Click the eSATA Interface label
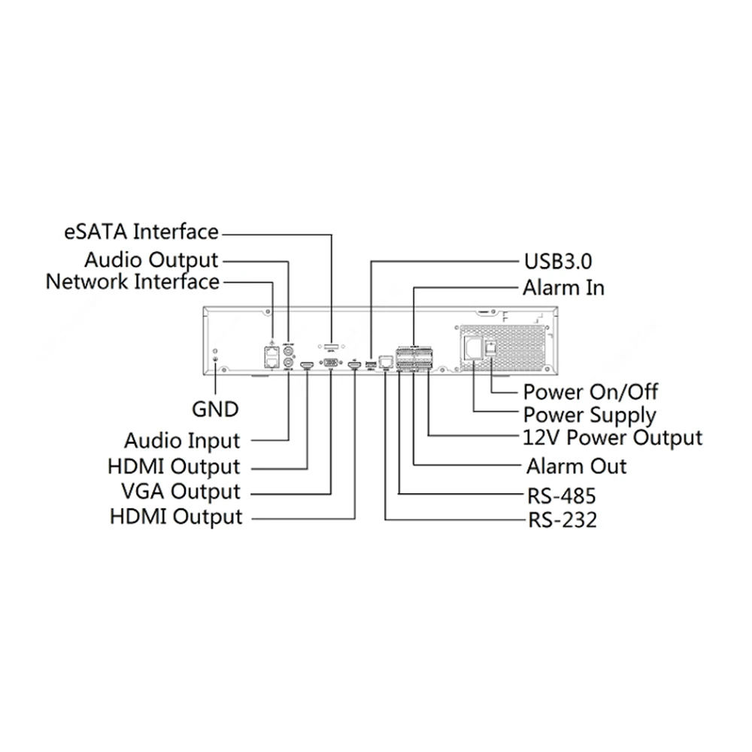[141, 232]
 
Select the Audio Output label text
[150, 260]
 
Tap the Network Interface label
[133, 282]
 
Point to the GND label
[215, 409]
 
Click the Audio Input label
[182, 440]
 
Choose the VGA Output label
[180, 492]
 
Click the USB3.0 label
[557, 262]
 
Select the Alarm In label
[563, 287]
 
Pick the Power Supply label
[590, 414]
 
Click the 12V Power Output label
[612, 438]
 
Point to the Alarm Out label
[576, 466]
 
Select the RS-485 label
[561, 496]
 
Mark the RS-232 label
[561, 520]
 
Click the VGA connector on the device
[331, 364]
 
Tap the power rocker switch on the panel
[490, 347]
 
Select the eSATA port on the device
[331, 347]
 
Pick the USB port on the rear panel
[371, 365]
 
